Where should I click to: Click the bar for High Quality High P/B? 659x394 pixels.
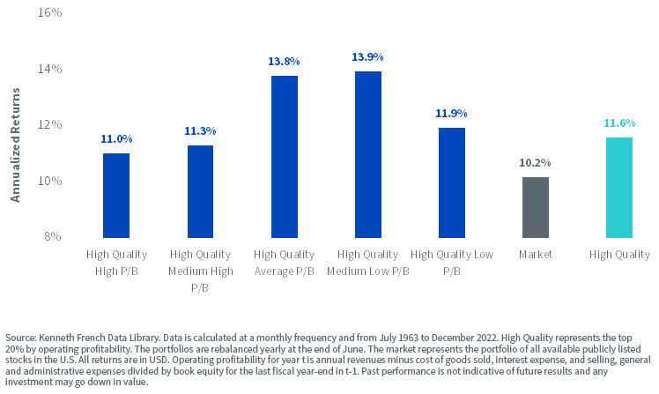coord(116,196)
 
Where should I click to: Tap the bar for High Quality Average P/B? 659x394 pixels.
coord(284,157)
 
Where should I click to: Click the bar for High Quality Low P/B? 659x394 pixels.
coord(451,182)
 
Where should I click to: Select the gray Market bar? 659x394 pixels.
coord(536,207)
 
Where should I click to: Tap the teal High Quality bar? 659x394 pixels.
coord(619,187)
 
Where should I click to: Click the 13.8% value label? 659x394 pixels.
coord(284,61)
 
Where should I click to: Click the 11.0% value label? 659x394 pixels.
coord(116,138)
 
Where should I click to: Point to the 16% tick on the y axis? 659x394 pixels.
coord(49,13)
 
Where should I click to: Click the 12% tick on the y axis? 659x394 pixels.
coord(49,124)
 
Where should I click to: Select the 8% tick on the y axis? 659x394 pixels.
coord(53,236)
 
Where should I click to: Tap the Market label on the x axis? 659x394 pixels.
coord(536,255)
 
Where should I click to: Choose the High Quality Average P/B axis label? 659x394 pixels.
coord(284,263)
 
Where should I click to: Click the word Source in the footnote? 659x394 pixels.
coord(20,338)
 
